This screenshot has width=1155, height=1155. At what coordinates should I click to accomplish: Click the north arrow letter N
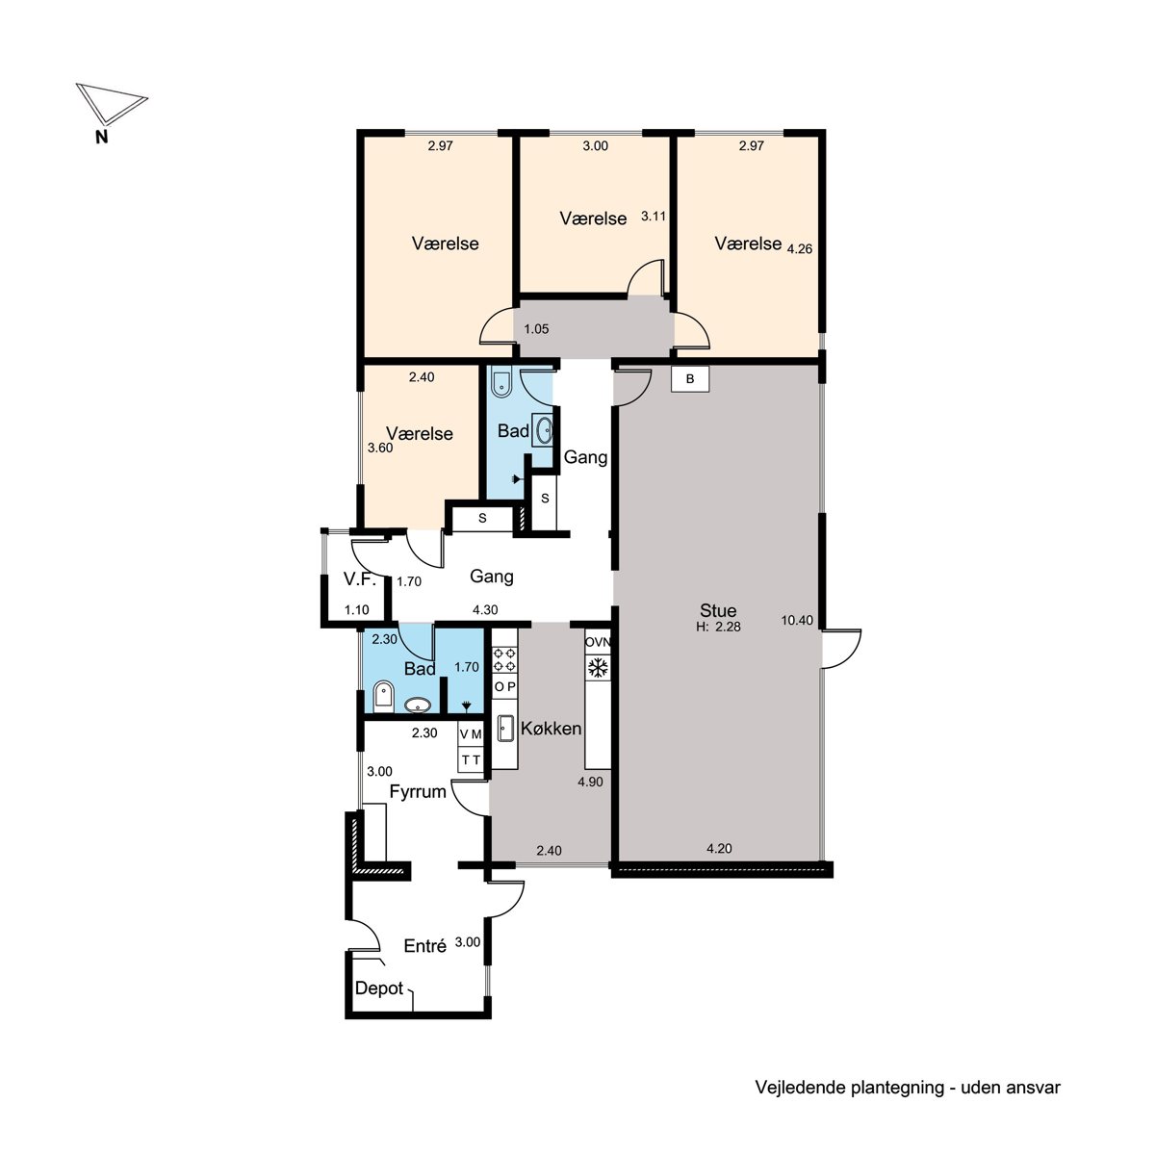pos(101,137)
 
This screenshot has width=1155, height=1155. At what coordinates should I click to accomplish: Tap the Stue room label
pos(717,610)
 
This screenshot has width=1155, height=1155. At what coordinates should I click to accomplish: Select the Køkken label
pos(551,729)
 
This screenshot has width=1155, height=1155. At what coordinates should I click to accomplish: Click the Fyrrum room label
pos(417,792)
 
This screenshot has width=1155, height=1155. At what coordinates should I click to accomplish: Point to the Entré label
pos(425,946)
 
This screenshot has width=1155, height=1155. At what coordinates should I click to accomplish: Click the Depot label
pos(379,988)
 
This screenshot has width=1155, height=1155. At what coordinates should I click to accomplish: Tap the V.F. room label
pos(359,579)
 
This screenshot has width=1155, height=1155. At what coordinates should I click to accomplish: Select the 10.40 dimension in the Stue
pos(797,621)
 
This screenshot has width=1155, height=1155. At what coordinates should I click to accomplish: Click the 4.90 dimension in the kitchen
pos(590,782)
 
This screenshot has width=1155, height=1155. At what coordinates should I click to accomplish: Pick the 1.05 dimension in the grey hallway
pos(536,329)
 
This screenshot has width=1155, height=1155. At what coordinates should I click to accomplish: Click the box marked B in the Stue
pos(690,379)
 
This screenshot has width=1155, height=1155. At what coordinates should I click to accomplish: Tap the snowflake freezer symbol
pos(597,667)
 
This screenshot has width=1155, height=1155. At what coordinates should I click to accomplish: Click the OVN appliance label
pos(598,642)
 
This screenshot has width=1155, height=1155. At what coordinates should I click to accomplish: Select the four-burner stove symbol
pos(504,660)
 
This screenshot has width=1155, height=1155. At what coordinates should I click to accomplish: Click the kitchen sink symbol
pos(504,729)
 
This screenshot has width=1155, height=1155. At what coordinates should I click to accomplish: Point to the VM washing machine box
pos(471,734)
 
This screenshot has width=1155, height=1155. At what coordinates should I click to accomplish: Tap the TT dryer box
pos(471,760)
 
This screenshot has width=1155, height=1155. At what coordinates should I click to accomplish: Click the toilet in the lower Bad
pos(382,697)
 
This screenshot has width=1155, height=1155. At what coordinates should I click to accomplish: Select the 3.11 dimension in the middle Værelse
pos(654,216)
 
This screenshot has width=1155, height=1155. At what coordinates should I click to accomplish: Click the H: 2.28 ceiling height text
pos(718,627)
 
